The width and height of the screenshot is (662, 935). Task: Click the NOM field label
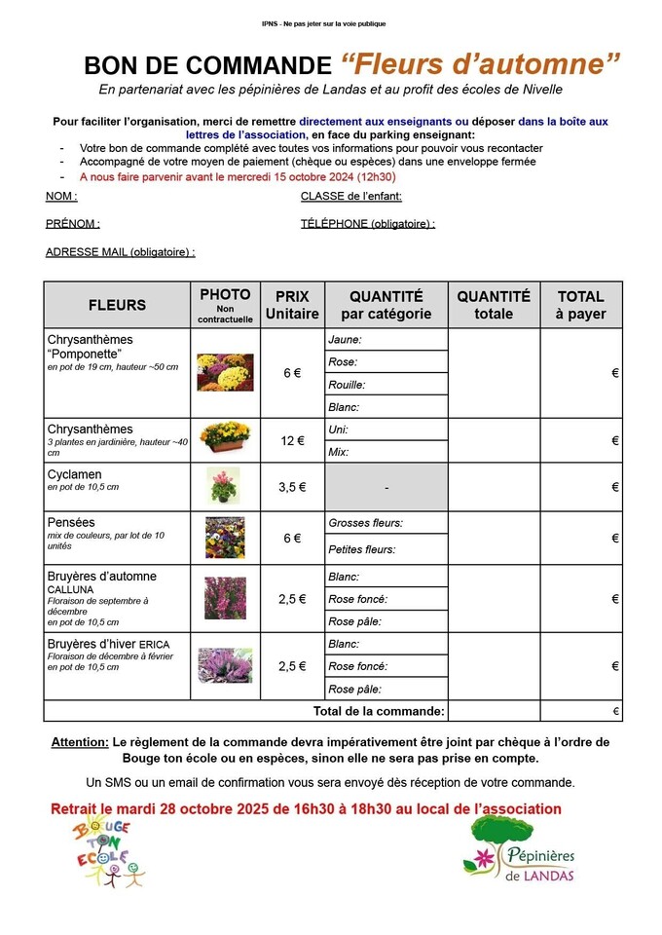pyautogui.click(x=61, y=197)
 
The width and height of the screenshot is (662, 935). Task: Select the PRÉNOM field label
pyautogui.click(x=72, y=224)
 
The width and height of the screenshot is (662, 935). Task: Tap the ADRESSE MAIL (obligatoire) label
pyautogui.click(x=121, y=251)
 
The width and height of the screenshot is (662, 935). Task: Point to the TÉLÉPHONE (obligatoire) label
pyautogui.click(x=368, y=224)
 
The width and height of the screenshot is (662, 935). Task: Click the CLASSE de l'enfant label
pyautogui.click(x=351, y=197)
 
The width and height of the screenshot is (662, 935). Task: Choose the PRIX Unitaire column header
pyautogui.click(x=292, y=305)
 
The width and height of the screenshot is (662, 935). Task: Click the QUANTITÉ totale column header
pyautogui.click(x=494, y=305)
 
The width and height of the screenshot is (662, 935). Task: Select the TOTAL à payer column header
pyautogui.click(x=580, y=305)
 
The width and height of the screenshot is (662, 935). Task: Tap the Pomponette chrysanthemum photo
pyautogui.click(x=225, y=372)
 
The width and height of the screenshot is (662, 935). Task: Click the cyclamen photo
pyautogui.click(x=223, y=485)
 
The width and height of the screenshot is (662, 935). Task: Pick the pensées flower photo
pyautogui.click(x=224, y=538)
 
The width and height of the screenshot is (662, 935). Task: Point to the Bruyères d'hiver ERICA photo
pyautogui.click(x=225, y=666)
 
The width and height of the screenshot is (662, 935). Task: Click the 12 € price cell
pyautogui.click(x=292, y=441)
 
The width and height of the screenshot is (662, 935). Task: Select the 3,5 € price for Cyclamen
pyautogui.click(x=292, y=487)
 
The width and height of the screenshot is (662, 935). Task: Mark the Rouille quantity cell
pyautogui.click(x=386, y=384)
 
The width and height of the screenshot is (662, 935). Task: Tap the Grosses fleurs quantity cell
pyautogui.click(x=386, y=523)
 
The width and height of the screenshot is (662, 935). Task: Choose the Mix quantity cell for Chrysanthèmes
pyautogui.click(x=386, y=452)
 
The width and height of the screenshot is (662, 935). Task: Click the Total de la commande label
pyautogui.click(x=379, y=712)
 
